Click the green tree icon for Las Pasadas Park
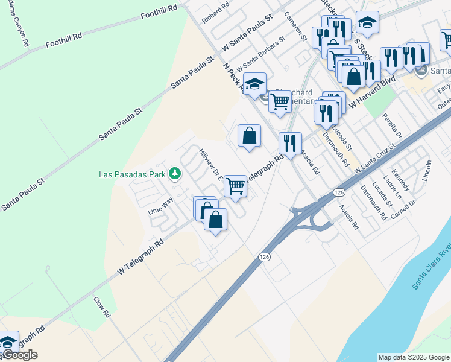[x=175, y=174]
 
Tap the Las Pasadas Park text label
[x=133, y=174]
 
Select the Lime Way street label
[x=160, y=212]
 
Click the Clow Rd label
[x=102, y=307]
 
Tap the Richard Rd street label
[x=216, y=12]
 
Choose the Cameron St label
[x=295, y=27]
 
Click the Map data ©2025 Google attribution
[x=414, y=357]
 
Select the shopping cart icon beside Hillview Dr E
[x=235, y=186]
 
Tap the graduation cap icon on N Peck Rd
[x=255, y=83]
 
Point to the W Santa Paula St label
[x=248, y=30]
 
